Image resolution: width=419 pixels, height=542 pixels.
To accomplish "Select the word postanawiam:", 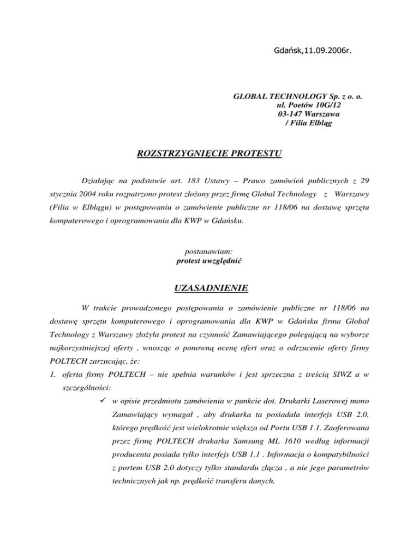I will click(x=209, y=252).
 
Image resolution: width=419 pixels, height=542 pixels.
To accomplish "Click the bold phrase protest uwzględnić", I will click(x=209, y=261).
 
